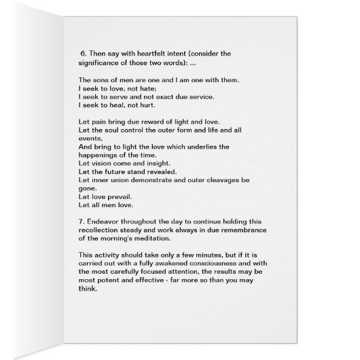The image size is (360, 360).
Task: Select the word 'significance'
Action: (103, 63)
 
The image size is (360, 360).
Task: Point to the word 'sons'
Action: (102, 81)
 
